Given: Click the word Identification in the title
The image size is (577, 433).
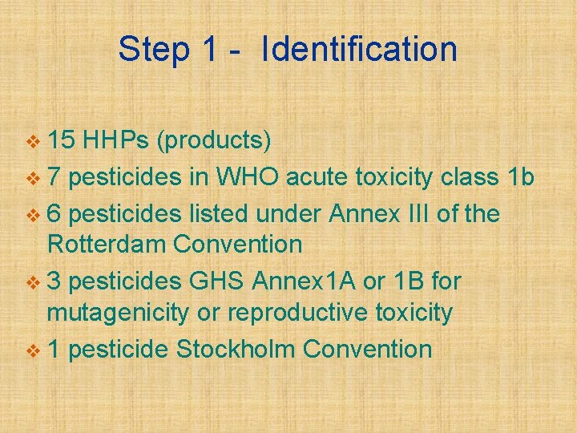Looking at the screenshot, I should [359, 50].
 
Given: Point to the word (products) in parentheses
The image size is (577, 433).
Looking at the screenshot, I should [214, 142].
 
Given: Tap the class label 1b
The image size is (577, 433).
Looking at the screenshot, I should [521, 177].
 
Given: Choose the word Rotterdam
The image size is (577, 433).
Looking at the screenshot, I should [115, 244].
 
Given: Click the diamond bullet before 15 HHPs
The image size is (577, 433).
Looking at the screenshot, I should [32, 143].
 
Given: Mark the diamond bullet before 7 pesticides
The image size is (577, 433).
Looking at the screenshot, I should [32, 178].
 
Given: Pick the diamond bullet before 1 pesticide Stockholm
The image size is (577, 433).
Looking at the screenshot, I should [32, 350].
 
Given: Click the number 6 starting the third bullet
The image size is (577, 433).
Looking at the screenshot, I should [54, 214].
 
